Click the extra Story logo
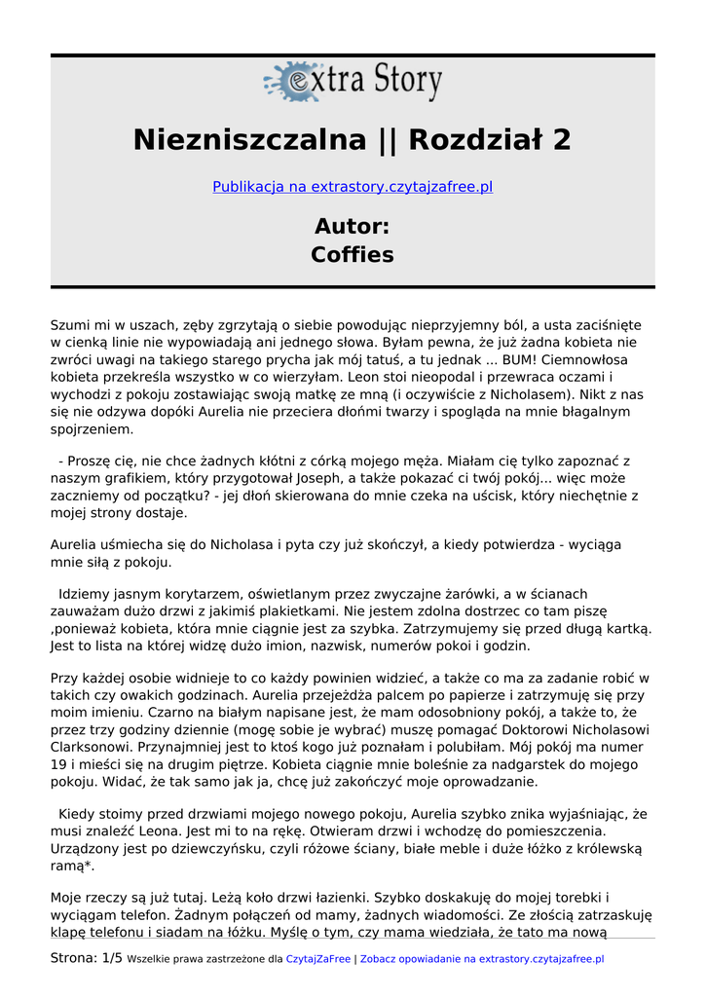[353, 82]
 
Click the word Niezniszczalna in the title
[249, 140]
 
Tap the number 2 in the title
[561, 140]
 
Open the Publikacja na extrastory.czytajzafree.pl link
[353, 186]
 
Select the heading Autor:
[353, 227]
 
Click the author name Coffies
[353, 255]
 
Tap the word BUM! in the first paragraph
[513, 359]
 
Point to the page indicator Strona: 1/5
[87, 958]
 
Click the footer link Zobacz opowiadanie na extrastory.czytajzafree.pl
[482, 959]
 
